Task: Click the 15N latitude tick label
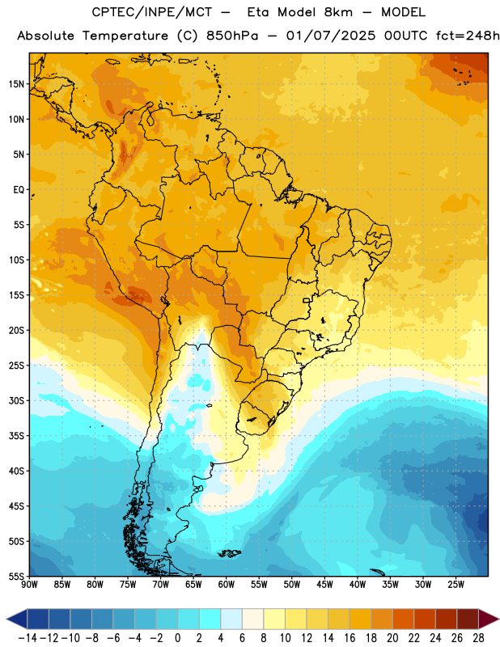point(16,84)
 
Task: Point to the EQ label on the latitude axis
point(19,190)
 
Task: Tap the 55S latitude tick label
point(16,576)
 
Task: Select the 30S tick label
point(16,400)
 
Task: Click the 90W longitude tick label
point(29,584)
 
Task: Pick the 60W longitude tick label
point(227,584)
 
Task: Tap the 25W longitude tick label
point(456,584)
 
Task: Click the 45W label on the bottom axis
point(324,584)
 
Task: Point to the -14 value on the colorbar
point(28,638)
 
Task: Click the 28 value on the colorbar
point(478,638)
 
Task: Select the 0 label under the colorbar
point(177,638)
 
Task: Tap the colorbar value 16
point(350,638)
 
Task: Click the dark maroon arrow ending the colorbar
point(488,619)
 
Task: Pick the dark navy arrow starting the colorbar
point(17,619)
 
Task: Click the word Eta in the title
point(257,12)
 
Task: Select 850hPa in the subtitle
point(232,36)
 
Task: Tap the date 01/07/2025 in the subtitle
point(331,36)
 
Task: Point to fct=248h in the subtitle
point(468,36)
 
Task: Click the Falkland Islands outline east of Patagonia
point(229,553)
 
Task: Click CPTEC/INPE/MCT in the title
point(152,12)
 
